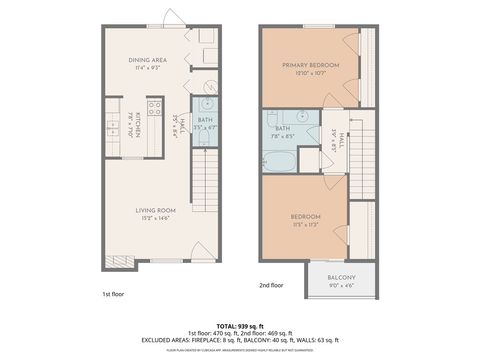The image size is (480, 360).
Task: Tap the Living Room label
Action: (x=157, y=210)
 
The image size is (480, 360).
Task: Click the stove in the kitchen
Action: (x=155, y=108)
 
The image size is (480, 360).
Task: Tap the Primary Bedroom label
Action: (x=310, y=65)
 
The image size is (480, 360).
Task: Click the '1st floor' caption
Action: (x=112, y=295)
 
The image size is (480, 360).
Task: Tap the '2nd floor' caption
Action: (x=270, y=285)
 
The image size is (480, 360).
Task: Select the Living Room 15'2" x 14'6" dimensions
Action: (x=157, y=218)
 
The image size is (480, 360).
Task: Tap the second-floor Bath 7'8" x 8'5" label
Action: (x=283, y=131)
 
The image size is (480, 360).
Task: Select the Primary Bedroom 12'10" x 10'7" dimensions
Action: (x=310, y=73)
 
